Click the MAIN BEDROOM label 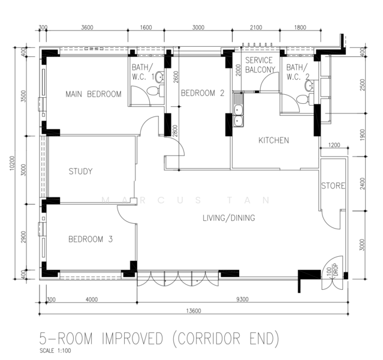click(94, 94)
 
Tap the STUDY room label click(80, 171)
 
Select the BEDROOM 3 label click(91, 239)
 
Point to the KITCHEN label click(273, 140)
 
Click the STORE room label click(333, 186)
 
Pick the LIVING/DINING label click(229, 218)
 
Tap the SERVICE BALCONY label click(260, 65)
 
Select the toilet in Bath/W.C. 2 click(304, 99)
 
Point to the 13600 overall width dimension click(194, 311)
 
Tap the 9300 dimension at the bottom click(242, 299)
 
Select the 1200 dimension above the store click(334, 145)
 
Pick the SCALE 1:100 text click(55, 350)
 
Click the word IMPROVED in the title click(132, 339)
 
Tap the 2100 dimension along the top click(256, 28)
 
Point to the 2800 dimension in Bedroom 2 click(175, 130)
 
